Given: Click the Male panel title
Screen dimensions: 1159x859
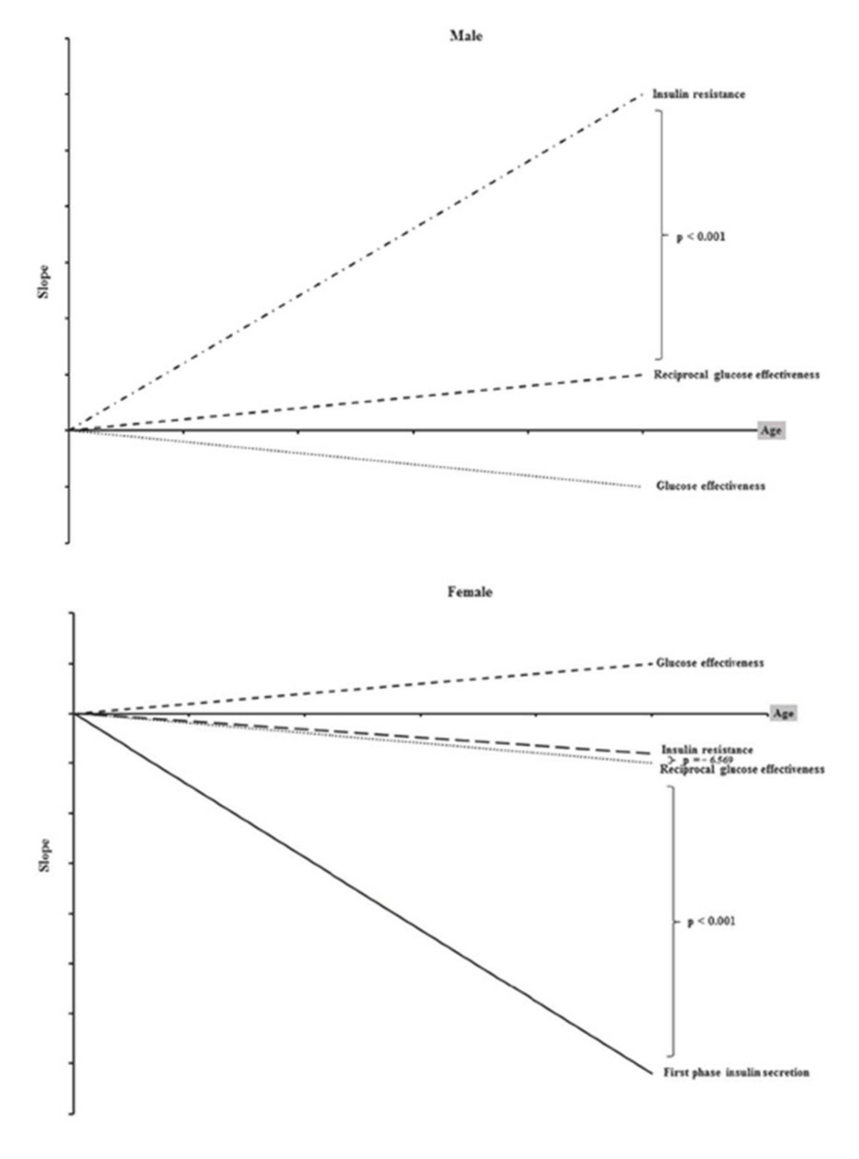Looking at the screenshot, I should (465, 36).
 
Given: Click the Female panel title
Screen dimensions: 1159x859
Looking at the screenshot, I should (469, 592).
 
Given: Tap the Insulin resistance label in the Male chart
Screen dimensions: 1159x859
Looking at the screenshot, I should (698, 94).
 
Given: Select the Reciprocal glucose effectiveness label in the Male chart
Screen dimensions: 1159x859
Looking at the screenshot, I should (736, 375).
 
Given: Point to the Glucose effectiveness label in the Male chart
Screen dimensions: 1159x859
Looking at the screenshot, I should (710, 486).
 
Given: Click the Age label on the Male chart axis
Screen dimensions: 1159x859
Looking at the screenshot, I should (771, 431).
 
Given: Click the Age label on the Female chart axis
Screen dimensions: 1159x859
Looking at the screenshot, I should (782, 713).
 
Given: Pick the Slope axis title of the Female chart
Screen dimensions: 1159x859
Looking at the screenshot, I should (45, 855).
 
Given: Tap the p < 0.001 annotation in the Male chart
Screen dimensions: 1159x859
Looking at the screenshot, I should (700, 237).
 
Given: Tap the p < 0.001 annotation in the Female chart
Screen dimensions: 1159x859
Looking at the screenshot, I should (711, 921).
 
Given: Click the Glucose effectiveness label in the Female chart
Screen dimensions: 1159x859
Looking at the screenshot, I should (710, 663).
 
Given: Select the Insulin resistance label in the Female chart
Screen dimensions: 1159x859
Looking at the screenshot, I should (707, 749).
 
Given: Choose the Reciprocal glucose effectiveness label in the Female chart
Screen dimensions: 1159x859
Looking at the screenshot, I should (742, 769).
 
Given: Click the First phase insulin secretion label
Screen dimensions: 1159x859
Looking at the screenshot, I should (736, 1072).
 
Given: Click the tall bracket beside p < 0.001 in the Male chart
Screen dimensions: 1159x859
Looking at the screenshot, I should (662, 234).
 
